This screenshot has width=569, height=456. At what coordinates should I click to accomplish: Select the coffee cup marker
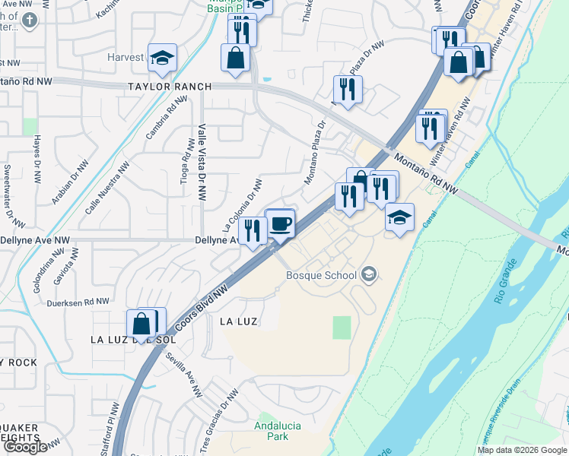click(281, 224)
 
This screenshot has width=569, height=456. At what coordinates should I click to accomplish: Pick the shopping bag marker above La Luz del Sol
click(142, 325)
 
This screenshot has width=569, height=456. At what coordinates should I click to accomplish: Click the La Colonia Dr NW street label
click(243, 205)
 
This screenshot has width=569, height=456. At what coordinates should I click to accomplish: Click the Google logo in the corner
click(25, 447)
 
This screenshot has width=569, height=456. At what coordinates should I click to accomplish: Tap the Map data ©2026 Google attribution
click(522, 450)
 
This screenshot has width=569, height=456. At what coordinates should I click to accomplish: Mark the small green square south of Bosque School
click(342, 328)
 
